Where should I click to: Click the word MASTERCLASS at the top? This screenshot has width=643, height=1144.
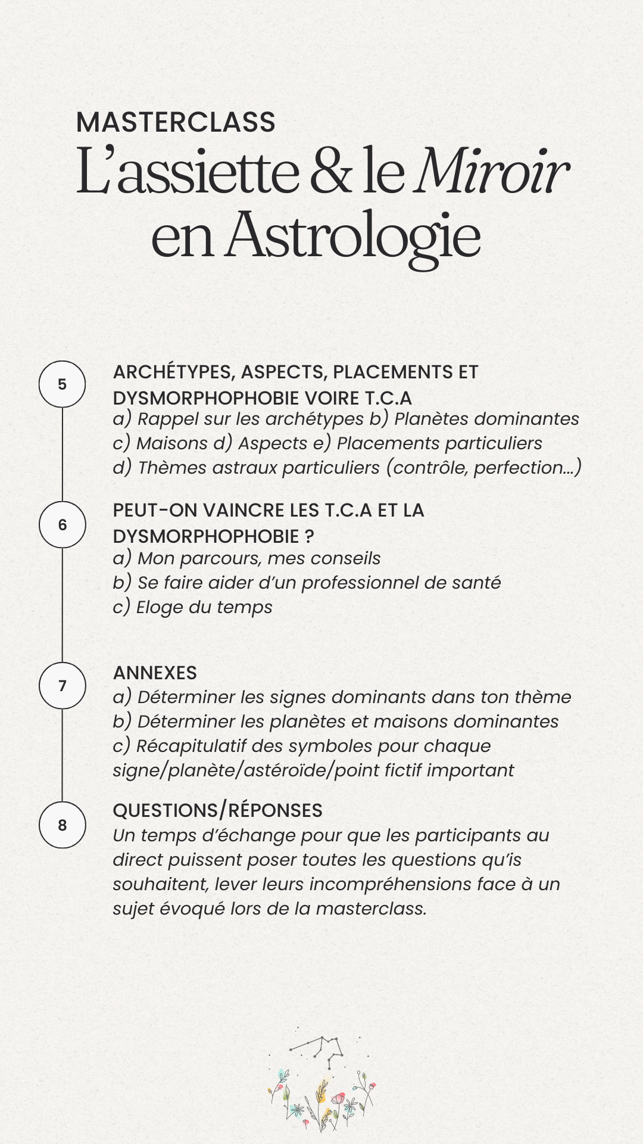176,123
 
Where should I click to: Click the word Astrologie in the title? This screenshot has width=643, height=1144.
352,235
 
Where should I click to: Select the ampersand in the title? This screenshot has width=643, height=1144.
330,173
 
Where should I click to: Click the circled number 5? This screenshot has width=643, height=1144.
63,384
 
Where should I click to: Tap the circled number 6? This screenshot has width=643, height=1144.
63,525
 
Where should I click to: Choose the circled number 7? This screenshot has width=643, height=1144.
63,686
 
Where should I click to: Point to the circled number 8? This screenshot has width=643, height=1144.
63,825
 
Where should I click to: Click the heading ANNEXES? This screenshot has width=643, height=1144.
155,673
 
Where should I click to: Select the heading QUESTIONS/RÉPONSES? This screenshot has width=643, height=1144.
217,810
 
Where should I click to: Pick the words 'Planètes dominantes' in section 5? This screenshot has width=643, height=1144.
486,419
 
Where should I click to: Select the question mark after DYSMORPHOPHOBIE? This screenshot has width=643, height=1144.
308,536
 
